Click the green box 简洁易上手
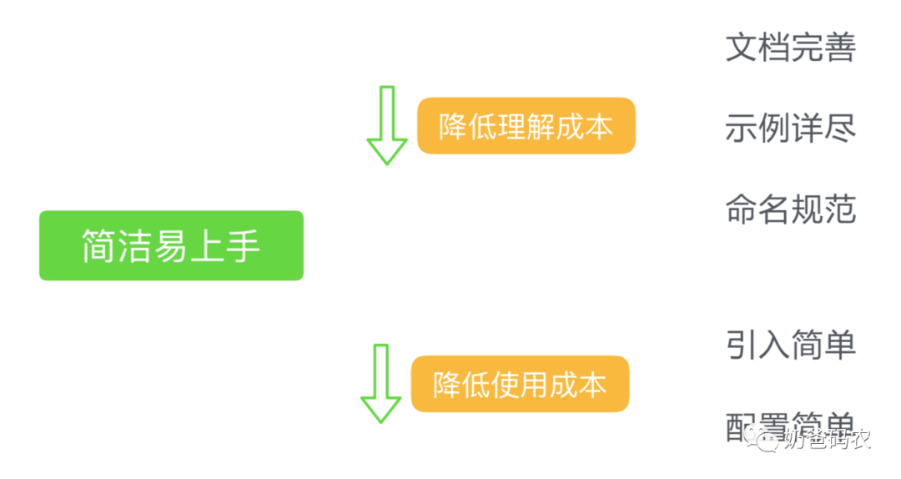[x=171, y=245]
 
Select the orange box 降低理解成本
[x=526, y=126]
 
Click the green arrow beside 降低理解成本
[x=386, y=125]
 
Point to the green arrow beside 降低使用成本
[x=380, y=383]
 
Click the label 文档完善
[x=790, y=48]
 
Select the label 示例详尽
[x=790, y=129]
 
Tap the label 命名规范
[x=790, y=209]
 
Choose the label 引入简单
[x=790, y=344]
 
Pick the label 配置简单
[x=790, y=424]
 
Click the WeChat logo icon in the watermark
[x=763, y=436]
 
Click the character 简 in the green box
[x=98, y=246]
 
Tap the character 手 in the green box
[x=243, y=246]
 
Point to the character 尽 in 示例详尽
[x=839, y=129]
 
